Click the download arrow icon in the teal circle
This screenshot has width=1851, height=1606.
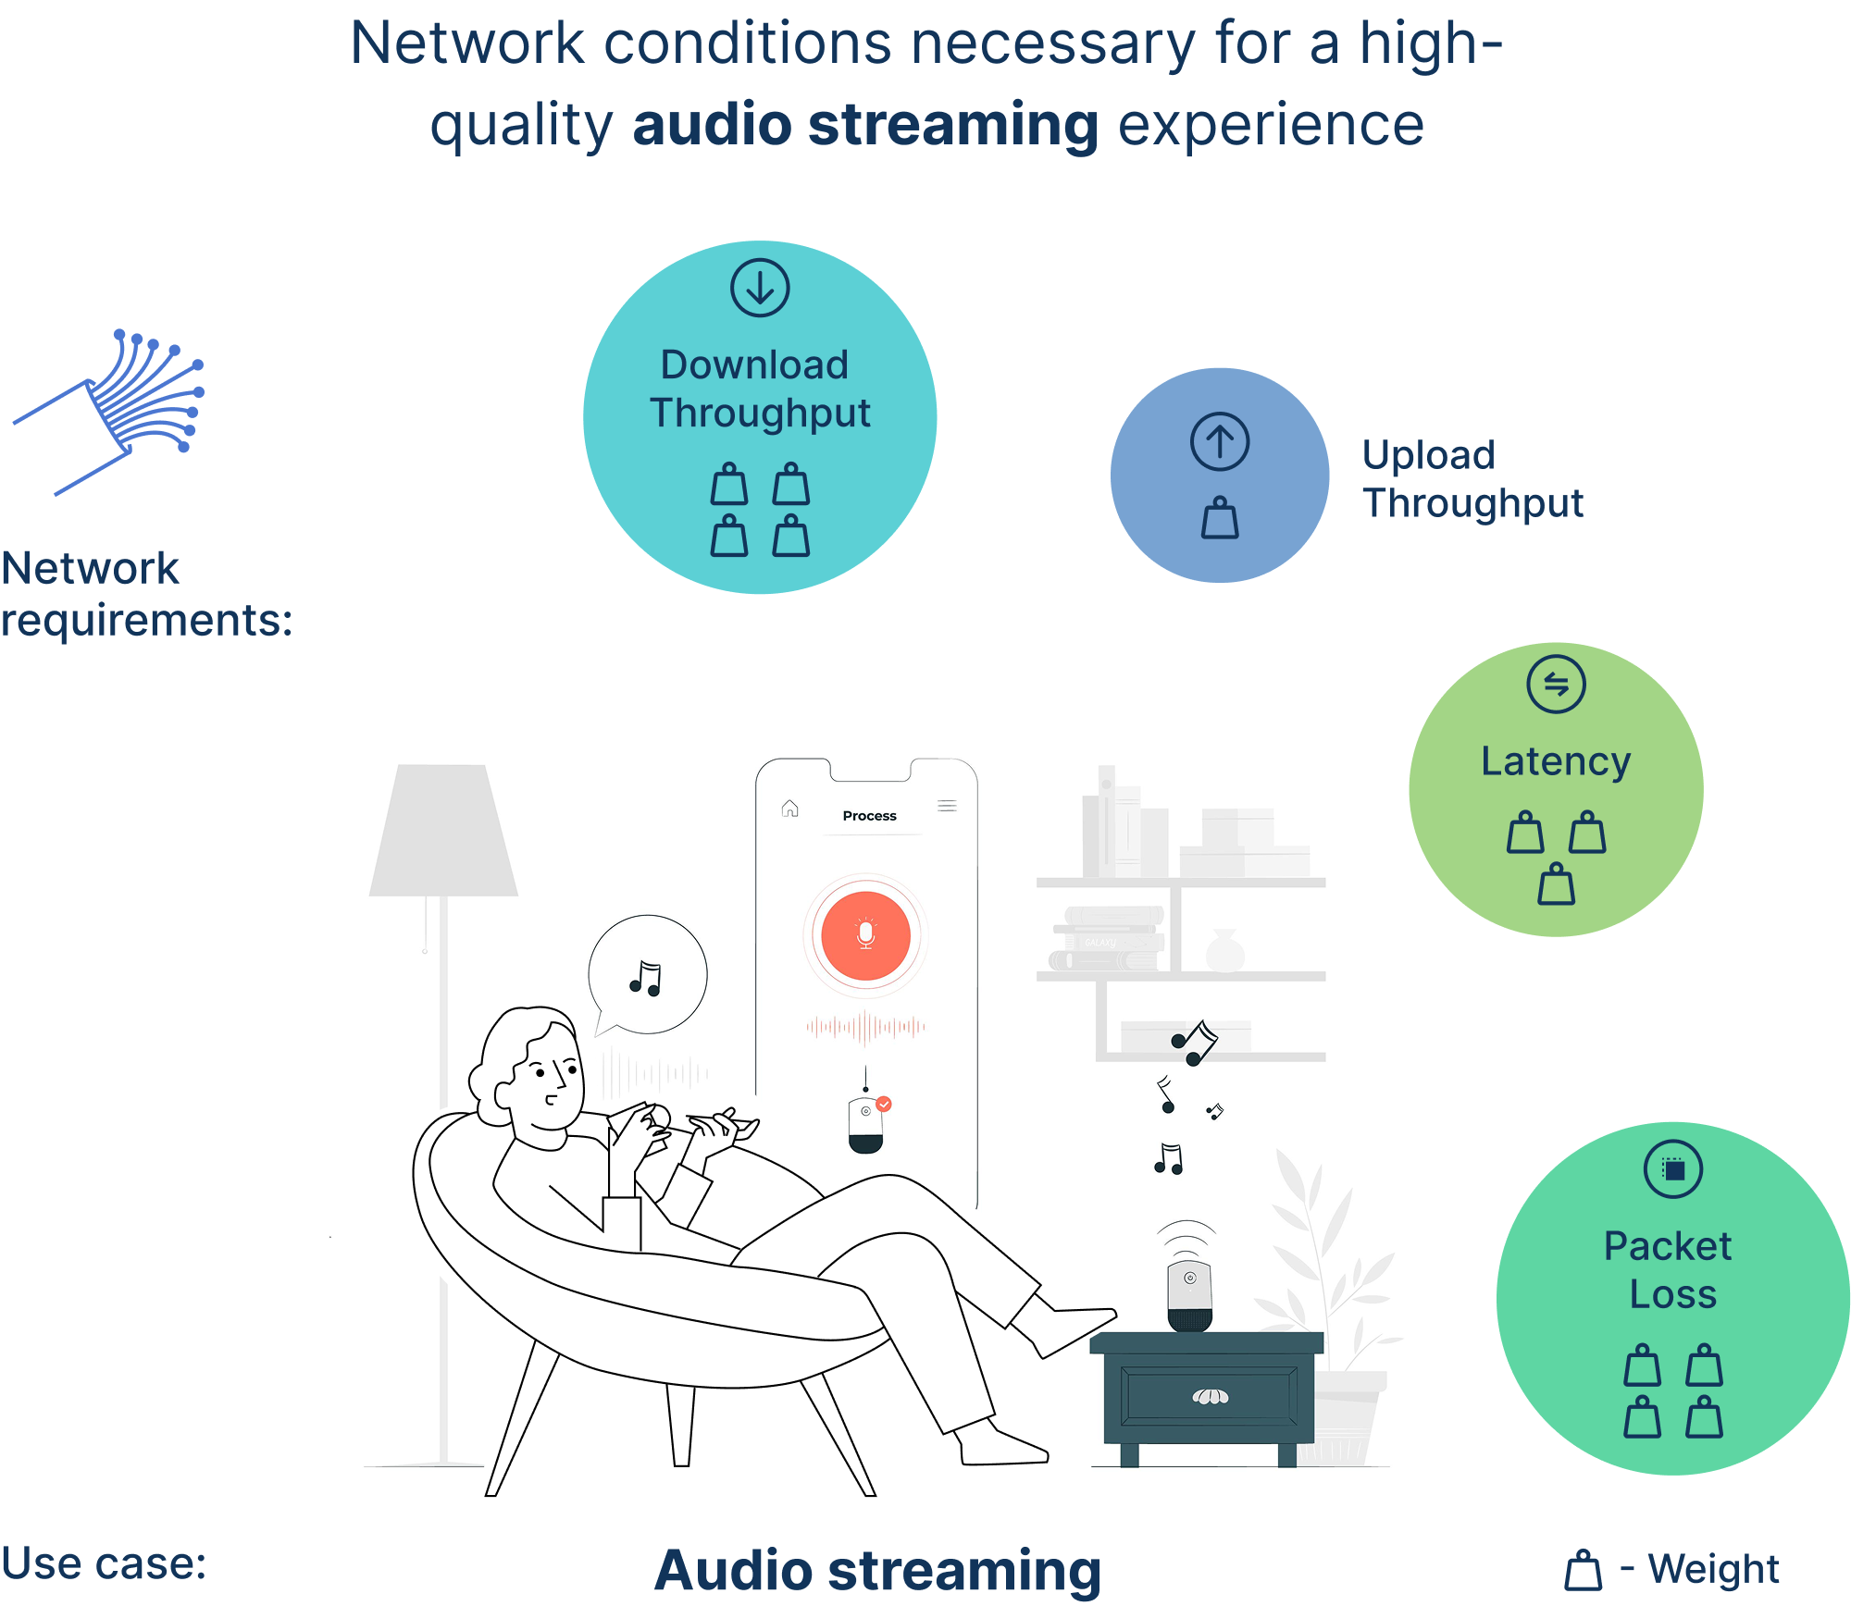(760, 288)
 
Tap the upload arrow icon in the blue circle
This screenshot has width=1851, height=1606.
(1220, 441)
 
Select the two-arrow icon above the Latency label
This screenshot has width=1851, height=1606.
(1556, 685)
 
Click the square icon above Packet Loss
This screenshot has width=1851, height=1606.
(1672, 1169)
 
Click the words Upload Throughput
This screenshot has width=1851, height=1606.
(1472, 479)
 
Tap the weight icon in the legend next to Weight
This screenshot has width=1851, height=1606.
(1583, 1570)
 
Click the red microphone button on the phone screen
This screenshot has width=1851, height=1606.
(865, 935)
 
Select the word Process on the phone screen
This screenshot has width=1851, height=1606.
(869, 816)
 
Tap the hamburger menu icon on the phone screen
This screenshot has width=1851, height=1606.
(947, 806)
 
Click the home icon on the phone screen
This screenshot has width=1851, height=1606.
(789, 809)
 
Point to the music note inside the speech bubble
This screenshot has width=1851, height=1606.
(646, 979)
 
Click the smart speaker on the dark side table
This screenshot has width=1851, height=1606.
(1189, 1295)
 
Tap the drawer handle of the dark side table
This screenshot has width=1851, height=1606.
(1210, 1396)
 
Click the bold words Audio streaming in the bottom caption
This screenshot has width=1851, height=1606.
(877, 1570)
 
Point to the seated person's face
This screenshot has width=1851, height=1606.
(550, 1082)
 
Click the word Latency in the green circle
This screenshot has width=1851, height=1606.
(1555, 761)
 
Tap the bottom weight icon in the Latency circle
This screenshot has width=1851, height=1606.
(1556, 884)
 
